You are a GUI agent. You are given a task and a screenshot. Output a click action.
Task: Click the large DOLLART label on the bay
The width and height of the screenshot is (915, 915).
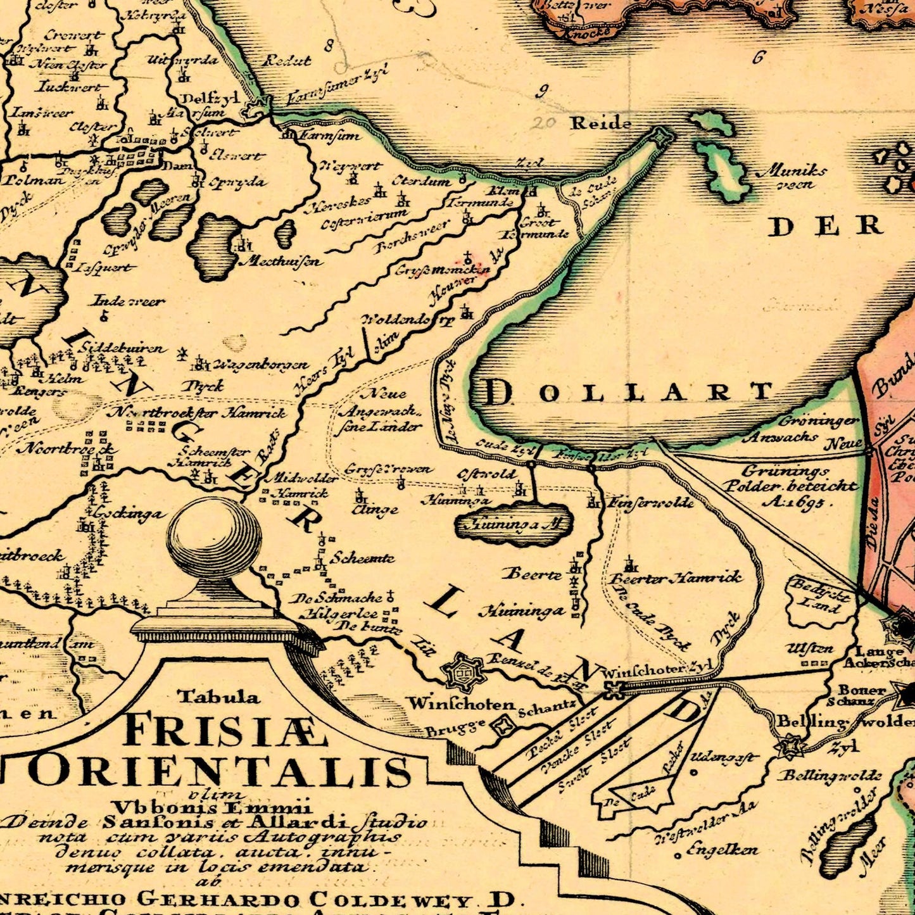pos(629,393)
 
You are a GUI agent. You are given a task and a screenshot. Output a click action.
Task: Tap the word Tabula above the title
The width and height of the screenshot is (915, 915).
pos(218,697)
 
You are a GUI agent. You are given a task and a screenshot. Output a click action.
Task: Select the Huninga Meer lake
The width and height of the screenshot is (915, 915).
pos(514,524)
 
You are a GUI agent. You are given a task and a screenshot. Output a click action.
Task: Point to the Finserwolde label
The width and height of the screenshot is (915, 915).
pos(650,503)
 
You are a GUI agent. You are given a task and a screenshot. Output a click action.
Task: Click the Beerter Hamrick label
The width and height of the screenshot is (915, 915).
pos(675,578)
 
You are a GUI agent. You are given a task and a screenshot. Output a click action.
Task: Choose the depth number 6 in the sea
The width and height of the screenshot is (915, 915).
pos(758,58)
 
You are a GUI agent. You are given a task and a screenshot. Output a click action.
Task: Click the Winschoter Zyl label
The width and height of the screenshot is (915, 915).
pos(659,669)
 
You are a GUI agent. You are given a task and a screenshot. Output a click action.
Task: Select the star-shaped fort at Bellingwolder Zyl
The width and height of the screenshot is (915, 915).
pos(790,747)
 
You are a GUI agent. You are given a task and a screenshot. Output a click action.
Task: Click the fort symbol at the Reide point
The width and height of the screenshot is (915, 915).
pos(661,136)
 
